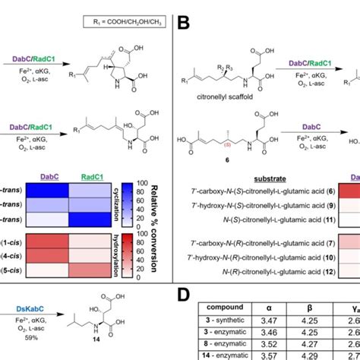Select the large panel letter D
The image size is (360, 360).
(184, 295)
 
